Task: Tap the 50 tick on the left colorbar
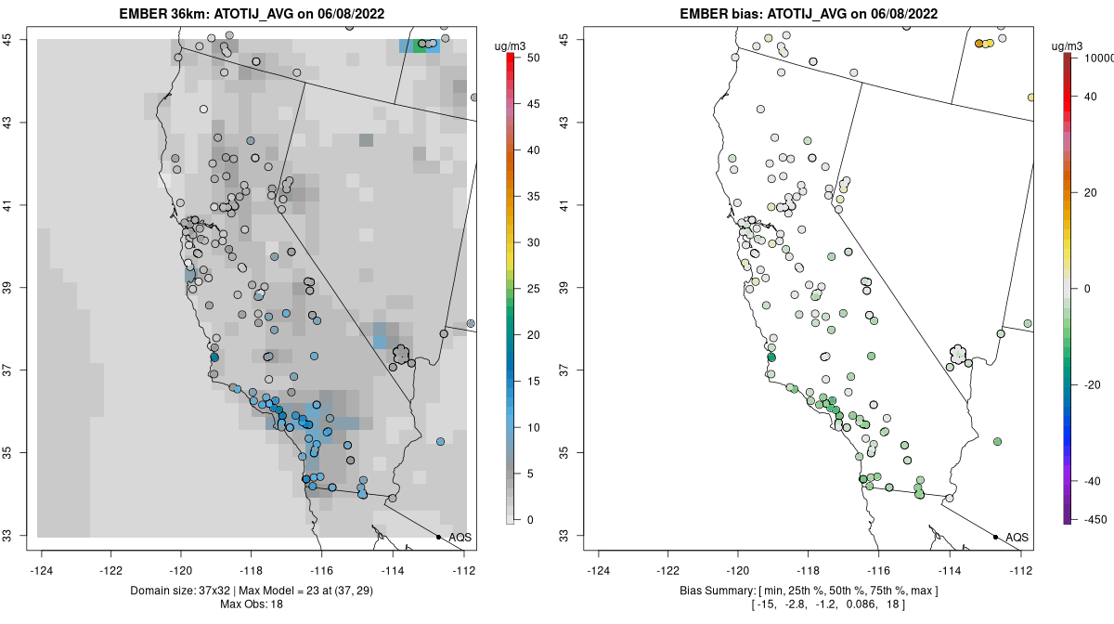(x=528, y=58)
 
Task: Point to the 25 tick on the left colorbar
(x=528, y=288)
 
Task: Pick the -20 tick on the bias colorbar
(x=1094, y=383)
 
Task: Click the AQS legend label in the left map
(x=460, y=538)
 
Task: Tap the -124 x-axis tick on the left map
(x=43, y=570)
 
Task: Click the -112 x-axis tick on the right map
(x=1021, y=570)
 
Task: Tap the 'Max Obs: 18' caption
(x=253, y=604)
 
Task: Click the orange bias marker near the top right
(x=980, y=43)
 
